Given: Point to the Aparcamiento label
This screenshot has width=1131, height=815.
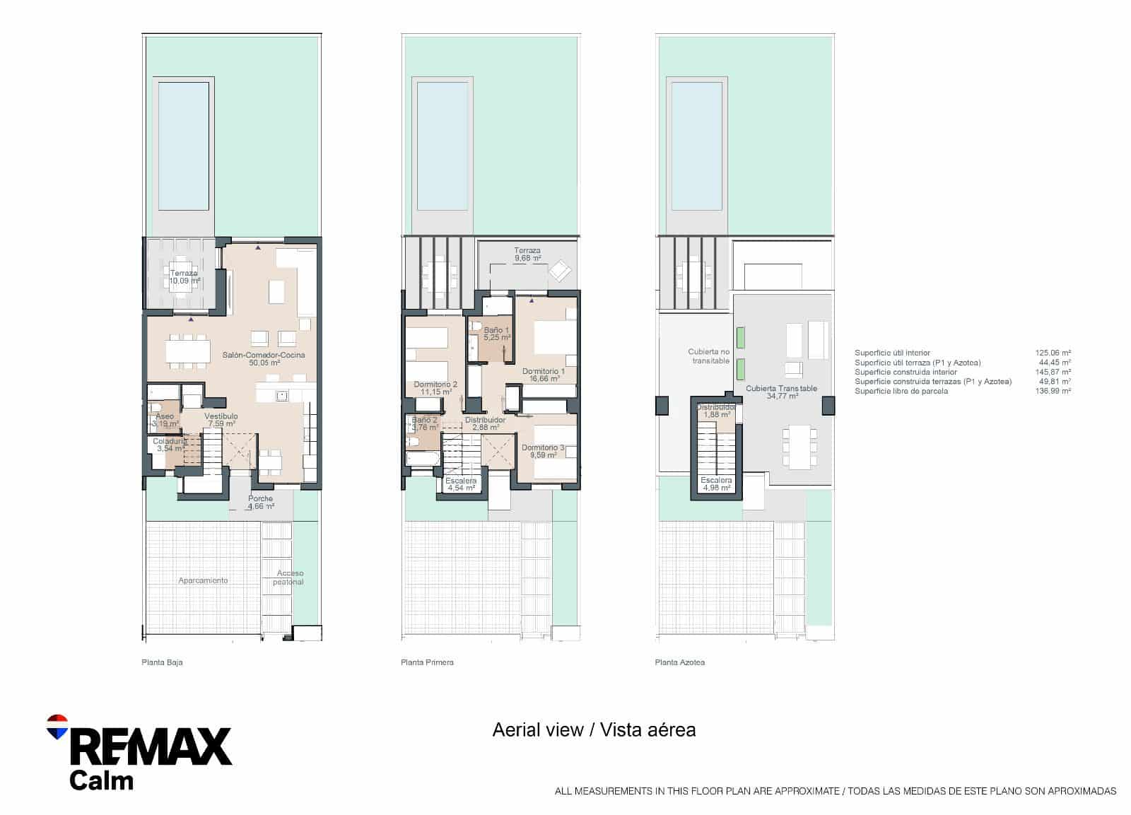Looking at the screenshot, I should pos(203,580).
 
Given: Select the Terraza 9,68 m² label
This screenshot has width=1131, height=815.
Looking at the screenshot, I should pos(527,254).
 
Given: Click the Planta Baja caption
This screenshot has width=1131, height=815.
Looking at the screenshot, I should pos(162,662).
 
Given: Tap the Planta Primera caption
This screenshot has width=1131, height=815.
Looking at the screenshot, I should pos(427,662).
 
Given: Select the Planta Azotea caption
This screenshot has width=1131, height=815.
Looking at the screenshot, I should pos(680,662).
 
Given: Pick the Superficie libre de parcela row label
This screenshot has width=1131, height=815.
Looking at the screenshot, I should pos(901,391).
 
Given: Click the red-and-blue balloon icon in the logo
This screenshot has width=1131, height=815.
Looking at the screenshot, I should pos(57,726).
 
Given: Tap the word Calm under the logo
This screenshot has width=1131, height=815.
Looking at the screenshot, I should pos(101,780).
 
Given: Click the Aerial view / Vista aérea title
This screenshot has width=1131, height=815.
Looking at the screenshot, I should pos(594,730).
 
